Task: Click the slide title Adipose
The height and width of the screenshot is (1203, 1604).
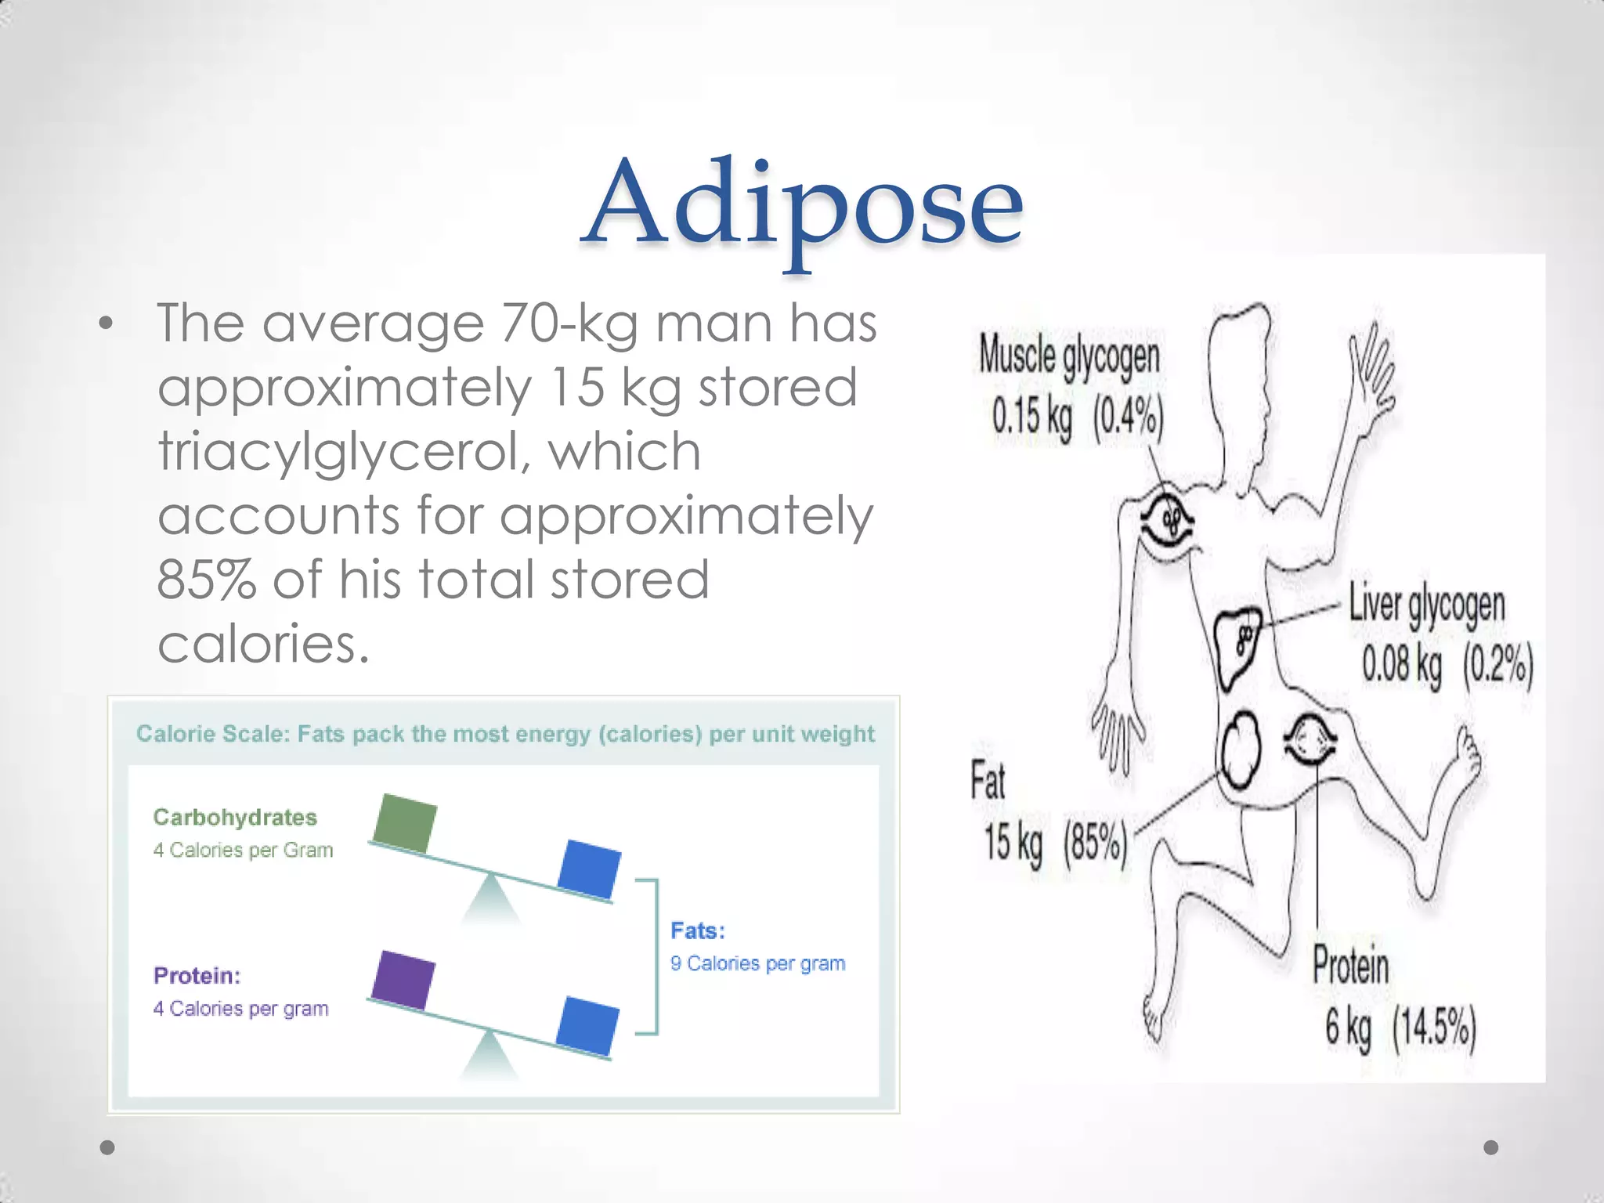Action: (x=802, y=205)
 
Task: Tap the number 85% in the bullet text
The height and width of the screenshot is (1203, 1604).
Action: (x=207, y=580)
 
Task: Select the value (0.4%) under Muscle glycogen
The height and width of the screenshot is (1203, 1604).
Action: (x=1128, y=417)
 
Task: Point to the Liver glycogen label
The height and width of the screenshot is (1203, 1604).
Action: (x=1426, y=605)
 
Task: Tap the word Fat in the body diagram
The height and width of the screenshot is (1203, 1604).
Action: (x=988, y=781)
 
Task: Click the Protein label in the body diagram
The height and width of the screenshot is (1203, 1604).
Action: (x=1350, y=965)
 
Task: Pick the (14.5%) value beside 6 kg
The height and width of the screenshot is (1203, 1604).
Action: (x=1434, y=1028)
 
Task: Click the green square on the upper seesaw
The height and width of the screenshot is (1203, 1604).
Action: (x=405, y=822)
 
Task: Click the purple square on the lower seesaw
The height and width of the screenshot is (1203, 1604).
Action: (x=403, y=980)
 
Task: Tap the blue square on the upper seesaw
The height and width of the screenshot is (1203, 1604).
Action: (x=590, y=868)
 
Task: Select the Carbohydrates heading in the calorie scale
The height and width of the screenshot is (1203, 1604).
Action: (x=235, y=818)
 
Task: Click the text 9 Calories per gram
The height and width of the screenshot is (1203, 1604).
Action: (x=757, y=963)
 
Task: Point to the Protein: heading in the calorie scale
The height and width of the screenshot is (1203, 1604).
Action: (x=197, y=976)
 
